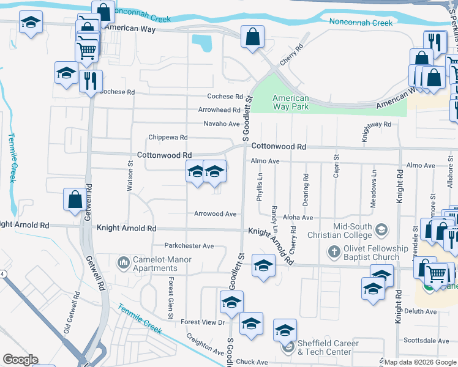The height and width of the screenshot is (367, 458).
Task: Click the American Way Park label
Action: pyautogui.click(x=290, y=103)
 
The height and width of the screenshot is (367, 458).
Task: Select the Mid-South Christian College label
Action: pyautogui.click(x=343, y=231)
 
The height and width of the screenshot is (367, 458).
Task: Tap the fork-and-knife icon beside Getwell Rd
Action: pyautogui.click(x=91, y=80)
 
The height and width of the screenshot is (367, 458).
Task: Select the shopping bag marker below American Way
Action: pyautogui.click(x=252, y=37)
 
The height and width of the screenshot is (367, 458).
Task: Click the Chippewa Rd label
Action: pyautogui.click(x=168, y=138)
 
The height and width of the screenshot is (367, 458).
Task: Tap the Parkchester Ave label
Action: pyautogui.click(x=193, y=246)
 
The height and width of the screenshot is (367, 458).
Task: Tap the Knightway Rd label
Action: pyautogui.click(x=376, y=124)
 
